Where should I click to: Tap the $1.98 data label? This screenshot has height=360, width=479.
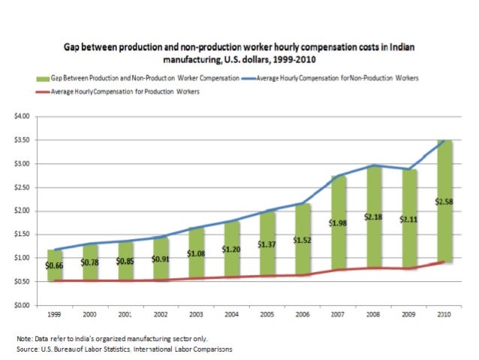point(338,222)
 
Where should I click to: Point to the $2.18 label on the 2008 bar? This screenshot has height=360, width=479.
point(373,216)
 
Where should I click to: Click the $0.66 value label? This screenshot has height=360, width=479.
point(54,265)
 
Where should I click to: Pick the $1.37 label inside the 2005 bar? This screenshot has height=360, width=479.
point(267,244)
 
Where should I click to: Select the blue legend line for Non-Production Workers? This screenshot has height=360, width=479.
point(249,78)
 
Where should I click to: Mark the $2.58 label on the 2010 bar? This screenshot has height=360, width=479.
point(444,201)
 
